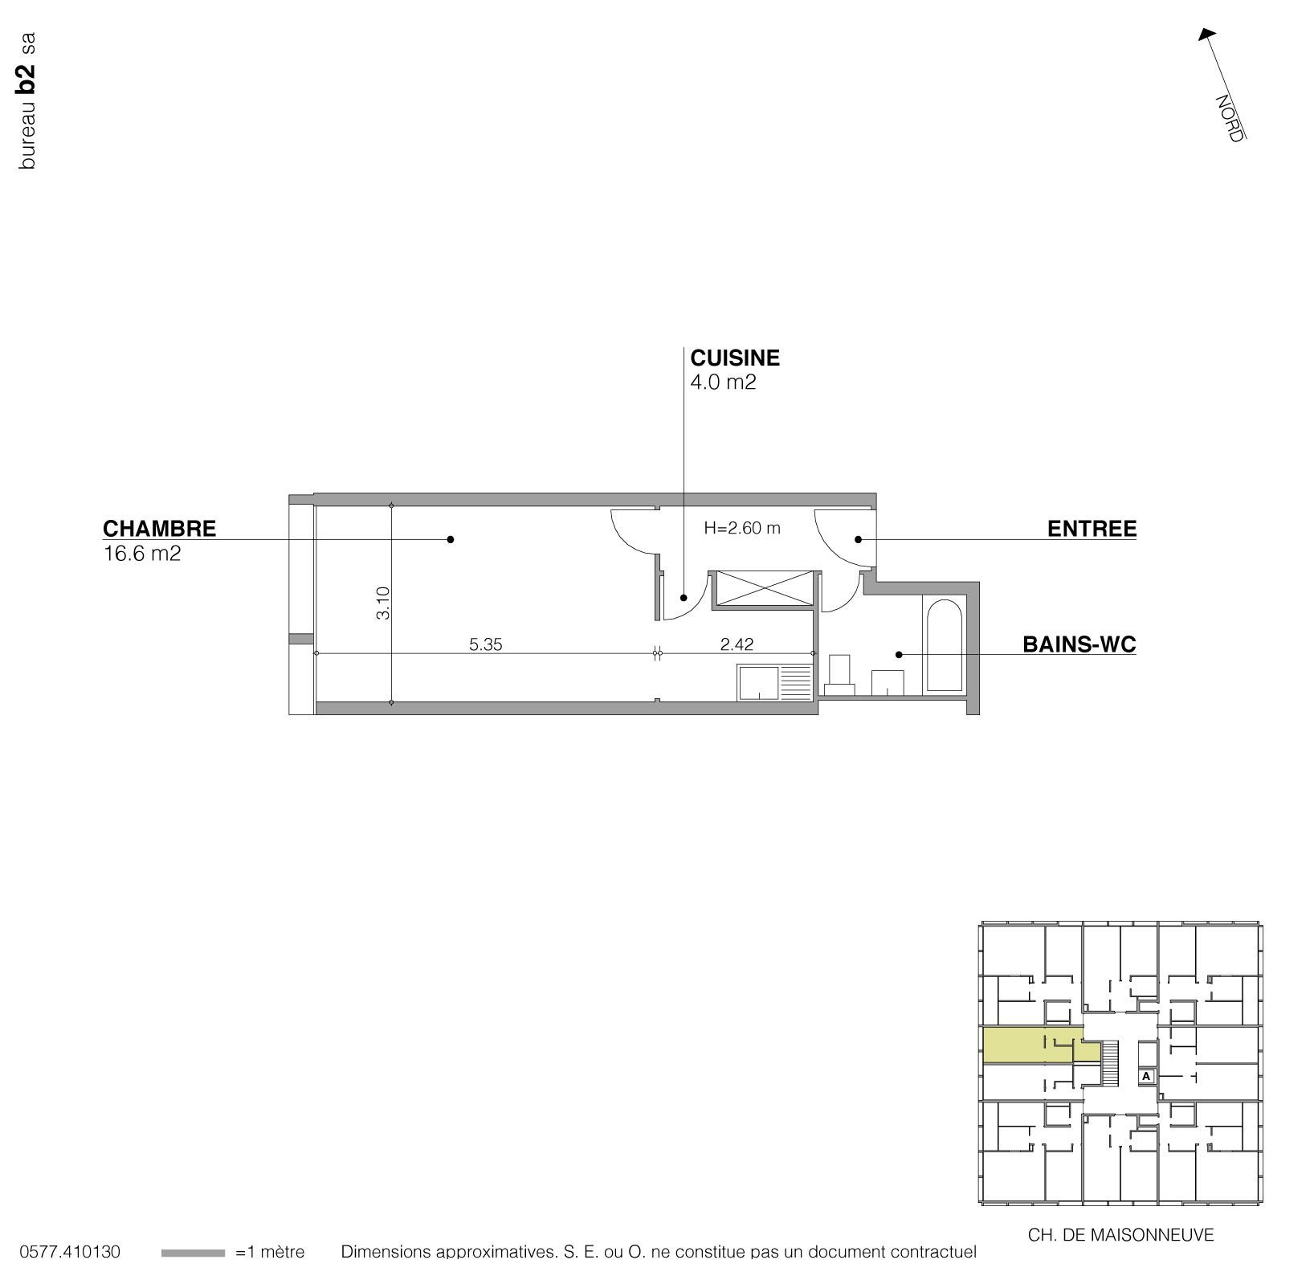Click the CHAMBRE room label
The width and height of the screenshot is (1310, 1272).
pyautogui.click(x=159, y=529)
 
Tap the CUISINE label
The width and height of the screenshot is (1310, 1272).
pyautogui.click(x=735, y=358)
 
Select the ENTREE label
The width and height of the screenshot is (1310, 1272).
pyautogui.click(x=1092, y=529)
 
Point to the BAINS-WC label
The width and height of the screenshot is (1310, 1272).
pyautogui.click(x=1079, y=644)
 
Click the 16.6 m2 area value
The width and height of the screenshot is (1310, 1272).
pyautogui.click(x=142, y=554)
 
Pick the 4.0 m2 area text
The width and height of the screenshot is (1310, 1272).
pyautogui.click(x=723, y=382)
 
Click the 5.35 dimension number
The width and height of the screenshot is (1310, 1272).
pyautogui.click(x=486, y=644)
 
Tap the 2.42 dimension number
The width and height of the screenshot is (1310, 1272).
pyautogui.click(x=737, y=644)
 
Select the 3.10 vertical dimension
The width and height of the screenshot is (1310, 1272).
pyautogui.click(x=383, y=603)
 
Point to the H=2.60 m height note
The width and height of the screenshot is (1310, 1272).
pyautogui.click(x=741, y=529)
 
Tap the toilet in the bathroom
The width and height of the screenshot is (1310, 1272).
pyautogui.click(x=839, y=674)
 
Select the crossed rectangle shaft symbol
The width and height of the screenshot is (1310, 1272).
pyautogui.click(x=763, y=587)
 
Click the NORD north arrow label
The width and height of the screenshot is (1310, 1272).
pyautogui.click(x=1228, y=118)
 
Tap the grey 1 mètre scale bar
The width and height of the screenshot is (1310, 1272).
pyautogui.click(x=193, y=1253)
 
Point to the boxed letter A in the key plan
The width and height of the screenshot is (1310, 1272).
pyautogui.click(x=1146, y=1076)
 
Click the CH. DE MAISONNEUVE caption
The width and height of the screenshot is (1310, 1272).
pyautogui.click(x=1120, y=1235)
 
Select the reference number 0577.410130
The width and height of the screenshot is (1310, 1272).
pyautogui.click(x=70, y=1253)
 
